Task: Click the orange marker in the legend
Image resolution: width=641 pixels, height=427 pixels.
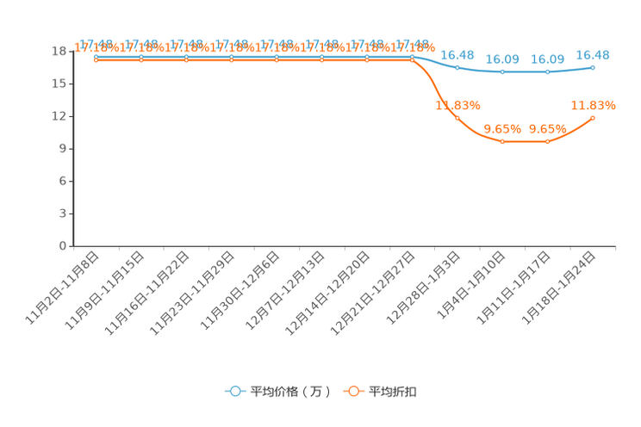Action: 352,391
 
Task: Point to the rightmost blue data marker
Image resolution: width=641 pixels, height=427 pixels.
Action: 593,67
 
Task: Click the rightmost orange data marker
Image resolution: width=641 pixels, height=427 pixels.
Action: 593,118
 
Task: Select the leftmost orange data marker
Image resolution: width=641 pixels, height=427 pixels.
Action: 96,59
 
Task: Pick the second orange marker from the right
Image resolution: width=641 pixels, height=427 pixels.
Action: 548,140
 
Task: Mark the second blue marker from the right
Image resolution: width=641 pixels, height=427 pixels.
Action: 548,71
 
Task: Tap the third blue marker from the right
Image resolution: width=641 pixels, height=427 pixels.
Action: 502,71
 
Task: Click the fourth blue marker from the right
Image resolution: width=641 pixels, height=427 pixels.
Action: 457,66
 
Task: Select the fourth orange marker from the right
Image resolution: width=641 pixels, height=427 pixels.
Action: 457,117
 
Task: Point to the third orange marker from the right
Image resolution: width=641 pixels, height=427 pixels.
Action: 502,140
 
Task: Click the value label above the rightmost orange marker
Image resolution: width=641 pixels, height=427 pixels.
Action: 593,106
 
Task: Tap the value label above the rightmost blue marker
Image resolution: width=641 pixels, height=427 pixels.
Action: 593,55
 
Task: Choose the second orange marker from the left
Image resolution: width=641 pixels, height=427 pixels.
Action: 140,59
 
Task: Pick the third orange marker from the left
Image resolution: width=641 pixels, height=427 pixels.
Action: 186,59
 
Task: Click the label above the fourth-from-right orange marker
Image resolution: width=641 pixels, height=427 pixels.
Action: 457,105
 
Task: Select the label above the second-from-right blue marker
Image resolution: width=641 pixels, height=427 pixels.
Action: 548,59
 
